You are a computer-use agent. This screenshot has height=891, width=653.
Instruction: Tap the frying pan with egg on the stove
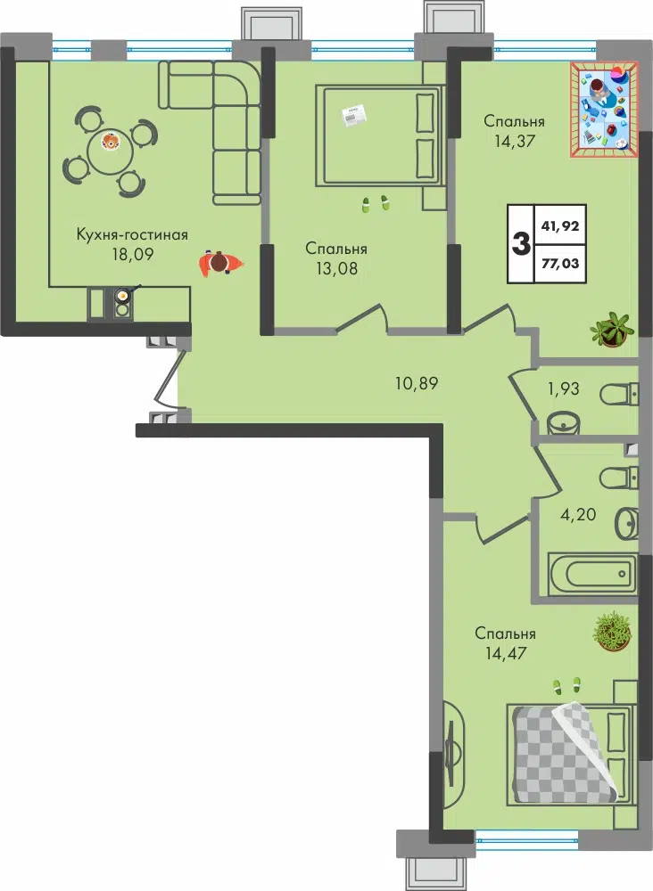click(123, 296)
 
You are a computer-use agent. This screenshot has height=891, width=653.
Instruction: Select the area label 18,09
click(133, 253)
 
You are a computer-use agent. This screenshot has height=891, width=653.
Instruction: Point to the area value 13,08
click(336, 267)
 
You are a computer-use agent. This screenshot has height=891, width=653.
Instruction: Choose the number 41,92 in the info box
click(560, 225)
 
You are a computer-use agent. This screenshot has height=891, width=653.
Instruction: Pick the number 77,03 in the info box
click(560, 263)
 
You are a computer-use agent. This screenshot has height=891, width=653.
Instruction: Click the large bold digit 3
click(521, 243)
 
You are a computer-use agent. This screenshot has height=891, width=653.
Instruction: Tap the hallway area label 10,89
click(417, 383)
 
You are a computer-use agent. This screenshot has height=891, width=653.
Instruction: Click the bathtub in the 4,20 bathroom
click(592, 573)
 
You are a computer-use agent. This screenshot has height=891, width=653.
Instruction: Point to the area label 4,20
click(578, 515)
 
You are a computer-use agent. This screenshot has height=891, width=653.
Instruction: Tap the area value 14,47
click(506, 653)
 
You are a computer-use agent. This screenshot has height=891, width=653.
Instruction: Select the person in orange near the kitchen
click(220, 263)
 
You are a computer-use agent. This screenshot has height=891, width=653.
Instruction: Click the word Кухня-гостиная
click(132, 234)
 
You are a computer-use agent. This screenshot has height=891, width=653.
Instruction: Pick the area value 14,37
click(515, 141)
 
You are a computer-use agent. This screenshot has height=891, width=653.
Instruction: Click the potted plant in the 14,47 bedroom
click(613, 632)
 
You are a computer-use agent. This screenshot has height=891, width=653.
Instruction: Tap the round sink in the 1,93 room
click(563, 422)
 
